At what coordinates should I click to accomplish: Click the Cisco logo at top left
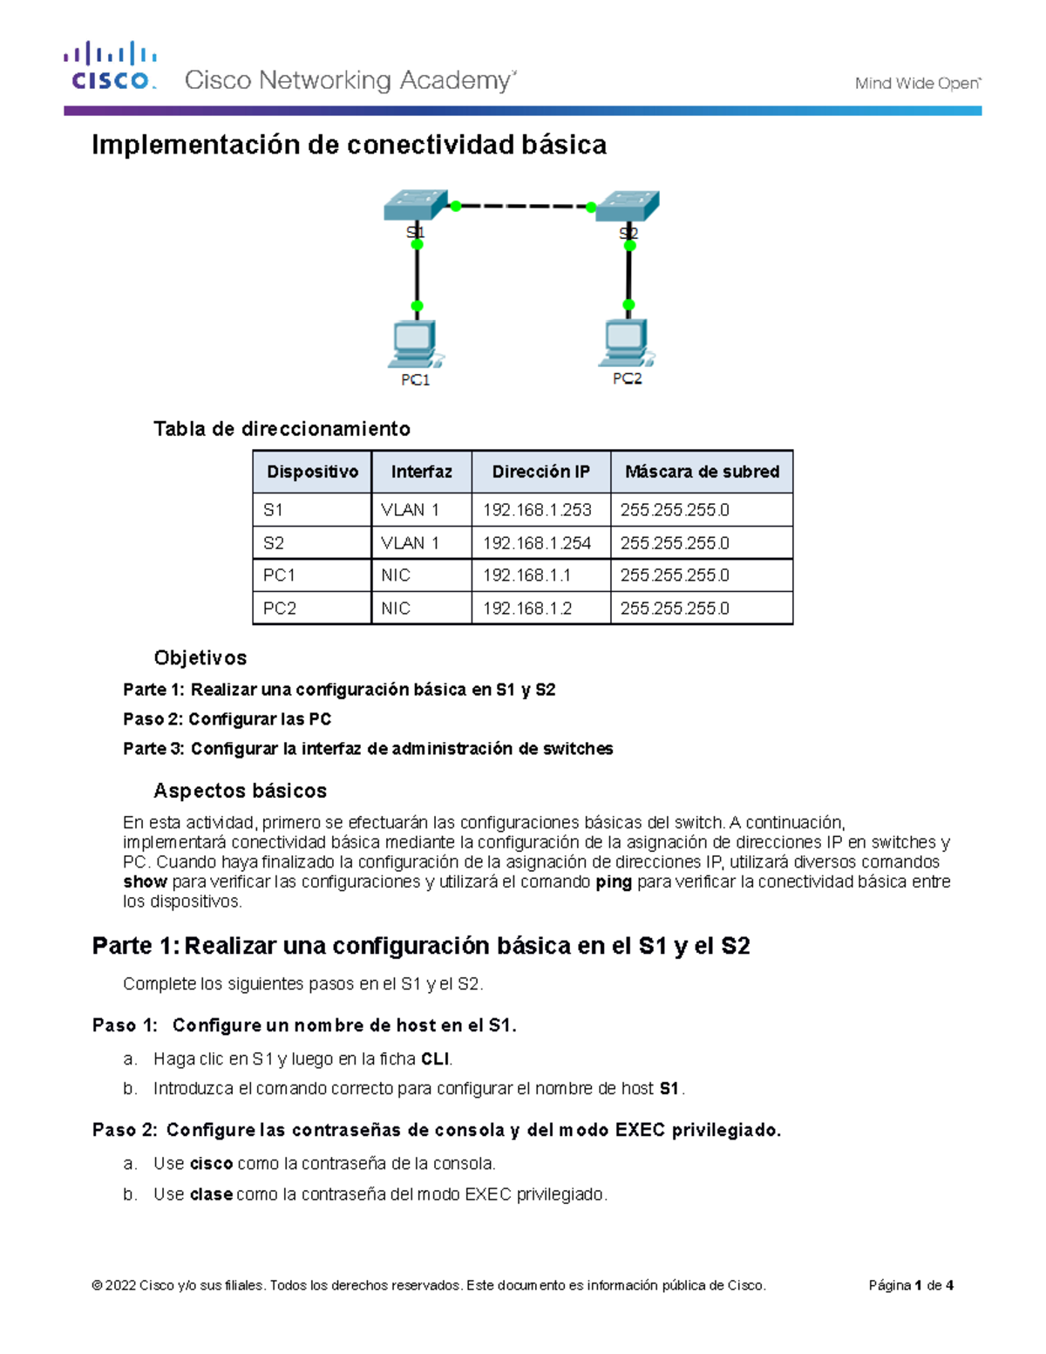[110, 66]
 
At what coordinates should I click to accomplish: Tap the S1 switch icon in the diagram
[416, 206]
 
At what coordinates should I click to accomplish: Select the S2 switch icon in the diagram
[628, 206]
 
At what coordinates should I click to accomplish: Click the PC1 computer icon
[415, 344]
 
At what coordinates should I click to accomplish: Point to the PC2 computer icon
[626, 343]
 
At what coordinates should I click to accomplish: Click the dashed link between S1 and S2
[523, 207]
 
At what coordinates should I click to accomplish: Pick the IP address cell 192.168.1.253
[537, 510]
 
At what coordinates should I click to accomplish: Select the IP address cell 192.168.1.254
[537, 543]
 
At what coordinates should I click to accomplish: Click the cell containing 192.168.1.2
[527, 609]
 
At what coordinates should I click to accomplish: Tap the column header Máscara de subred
[702, 472]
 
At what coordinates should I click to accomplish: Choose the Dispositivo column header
[312, 472]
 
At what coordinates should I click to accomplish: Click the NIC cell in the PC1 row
[396, 575]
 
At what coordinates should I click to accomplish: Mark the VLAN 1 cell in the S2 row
[410, 543]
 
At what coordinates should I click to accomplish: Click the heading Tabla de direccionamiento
[282, 429]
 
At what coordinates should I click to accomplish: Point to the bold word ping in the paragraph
[614, 881]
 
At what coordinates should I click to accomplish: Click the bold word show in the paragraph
[145, 881]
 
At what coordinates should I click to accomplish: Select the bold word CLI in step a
[435, 1059]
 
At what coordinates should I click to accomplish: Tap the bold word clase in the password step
[211, 1194]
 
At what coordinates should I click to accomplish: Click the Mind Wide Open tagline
[917, 84]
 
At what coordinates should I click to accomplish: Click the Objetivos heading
[200, 658]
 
